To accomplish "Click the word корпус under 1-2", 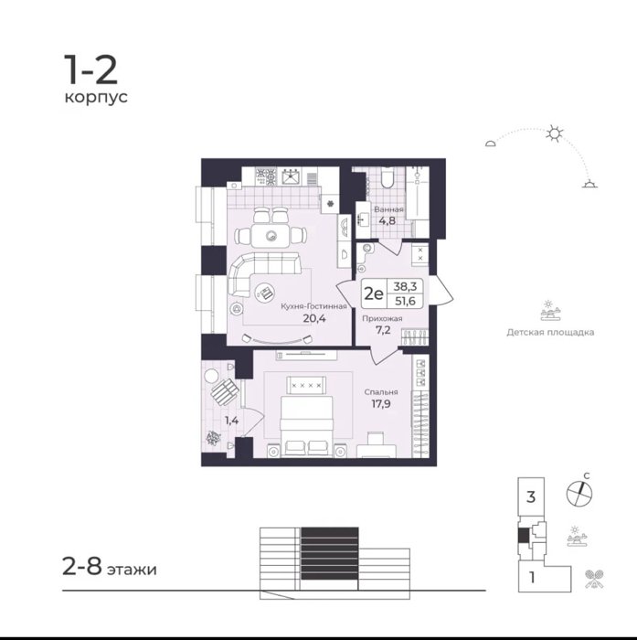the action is click(96, 98).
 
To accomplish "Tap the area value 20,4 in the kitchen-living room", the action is click(314, 318).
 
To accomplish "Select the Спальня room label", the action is click(381, 392).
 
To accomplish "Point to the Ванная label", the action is click(389, 209).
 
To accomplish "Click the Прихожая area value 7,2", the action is click(383, 330).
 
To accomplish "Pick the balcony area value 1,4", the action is click(232, 420).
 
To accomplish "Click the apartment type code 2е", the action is click(374, 293).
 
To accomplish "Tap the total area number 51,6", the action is click(404, 301).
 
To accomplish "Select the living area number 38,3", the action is click(405, 286).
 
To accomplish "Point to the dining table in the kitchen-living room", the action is click(271, 236).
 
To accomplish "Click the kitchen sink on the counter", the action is click(291, 176).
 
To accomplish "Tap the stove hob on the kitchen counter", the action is click(266, 176).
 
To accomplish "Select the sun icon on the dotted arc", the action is click(555, 133).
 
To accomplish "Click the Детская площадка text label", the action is click(550, 332).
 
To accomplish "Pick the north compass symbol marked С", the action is click(579, 493).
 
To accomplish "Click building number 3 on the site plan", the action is click(531, 496).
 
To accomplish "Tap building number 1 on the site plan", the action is click(532, 578).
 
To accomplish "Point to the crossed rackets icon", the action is click(594, 579).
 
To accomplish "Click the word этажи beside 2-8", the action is click(132, 570).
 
